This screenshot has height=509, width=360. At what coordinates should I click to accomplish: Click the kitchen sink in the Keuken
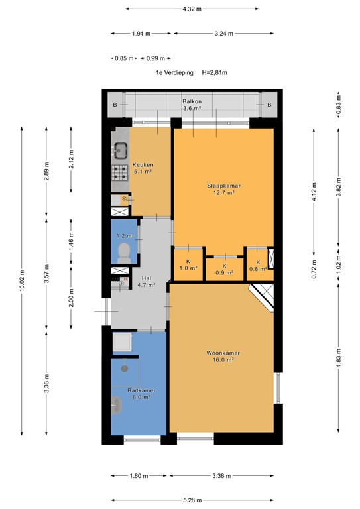(120, 149)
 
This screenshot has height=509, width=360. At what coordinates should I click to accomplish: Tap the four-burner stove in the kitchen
(120, 173)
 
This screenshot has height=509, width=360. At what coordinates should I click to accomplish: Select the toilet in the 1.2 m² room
(123, 251)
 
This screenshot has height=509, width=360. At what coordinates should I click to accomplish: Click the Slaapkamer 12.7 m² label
(223, 190)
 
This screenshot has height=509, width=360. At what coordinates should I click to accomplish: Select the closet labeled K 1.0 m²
(188, 264)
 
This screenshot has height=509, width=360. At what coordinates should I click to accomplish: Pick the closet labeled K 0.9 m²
(224, 268)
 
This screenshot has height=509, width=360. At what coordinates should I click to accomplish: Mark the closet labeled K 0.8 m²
(256, 264)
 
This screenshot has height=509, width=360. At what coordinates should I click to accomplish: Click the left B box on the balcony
(115, 105)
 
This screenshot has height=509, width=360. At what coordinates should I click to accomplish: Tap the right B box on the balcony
(269, 105)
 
